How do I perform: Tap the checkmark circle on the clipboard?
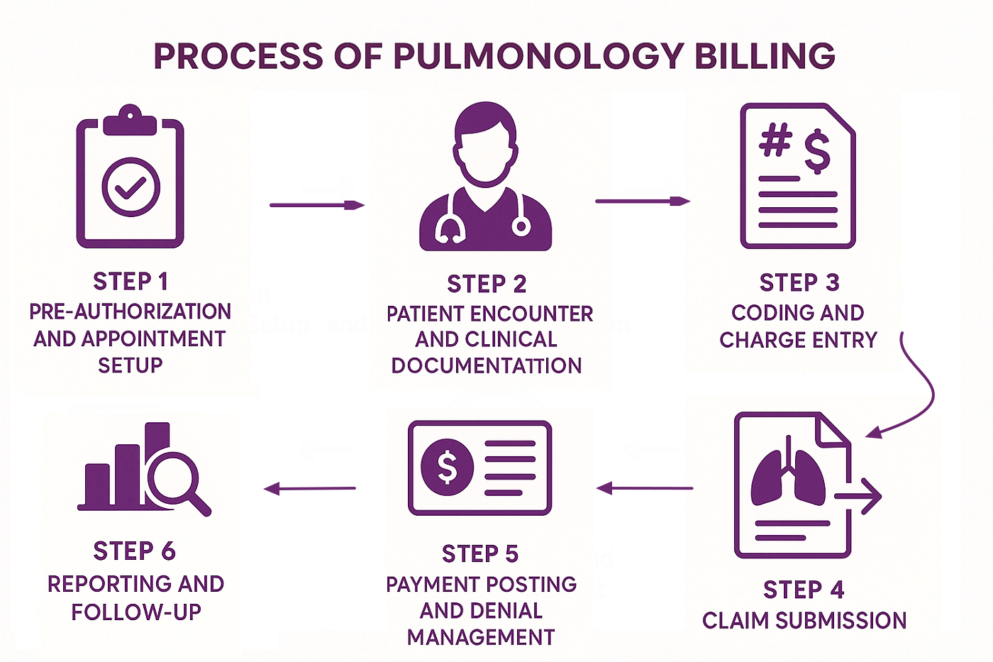click(x=131, y=187)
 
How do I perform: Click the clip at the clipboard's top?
click(x=130, y=121)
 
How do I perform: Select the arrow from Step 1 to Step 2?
click(x=316, y=205)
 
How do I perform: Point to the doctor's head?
click(x=486, y=142)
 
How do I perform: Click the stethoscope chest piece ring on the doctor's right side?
click(x=521, y=226)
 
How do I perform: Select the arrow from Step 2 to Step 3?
click(x=642, y=202)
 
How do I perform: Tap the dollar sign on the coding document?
click(x=817, y=150)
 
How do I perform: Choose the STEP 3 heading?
click(x=799, y=282)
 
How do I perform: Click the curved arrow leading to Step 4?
click(x=919, y=390)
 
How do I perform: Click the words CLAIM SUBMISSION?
click(x=804, y=621)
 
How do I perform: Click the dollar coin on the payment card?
click(x=447, y=466)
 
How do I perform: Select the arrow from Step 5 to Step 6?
click(x=309, y=488)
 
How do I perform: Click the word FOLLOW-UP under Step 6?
click(x=136, y=612)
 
